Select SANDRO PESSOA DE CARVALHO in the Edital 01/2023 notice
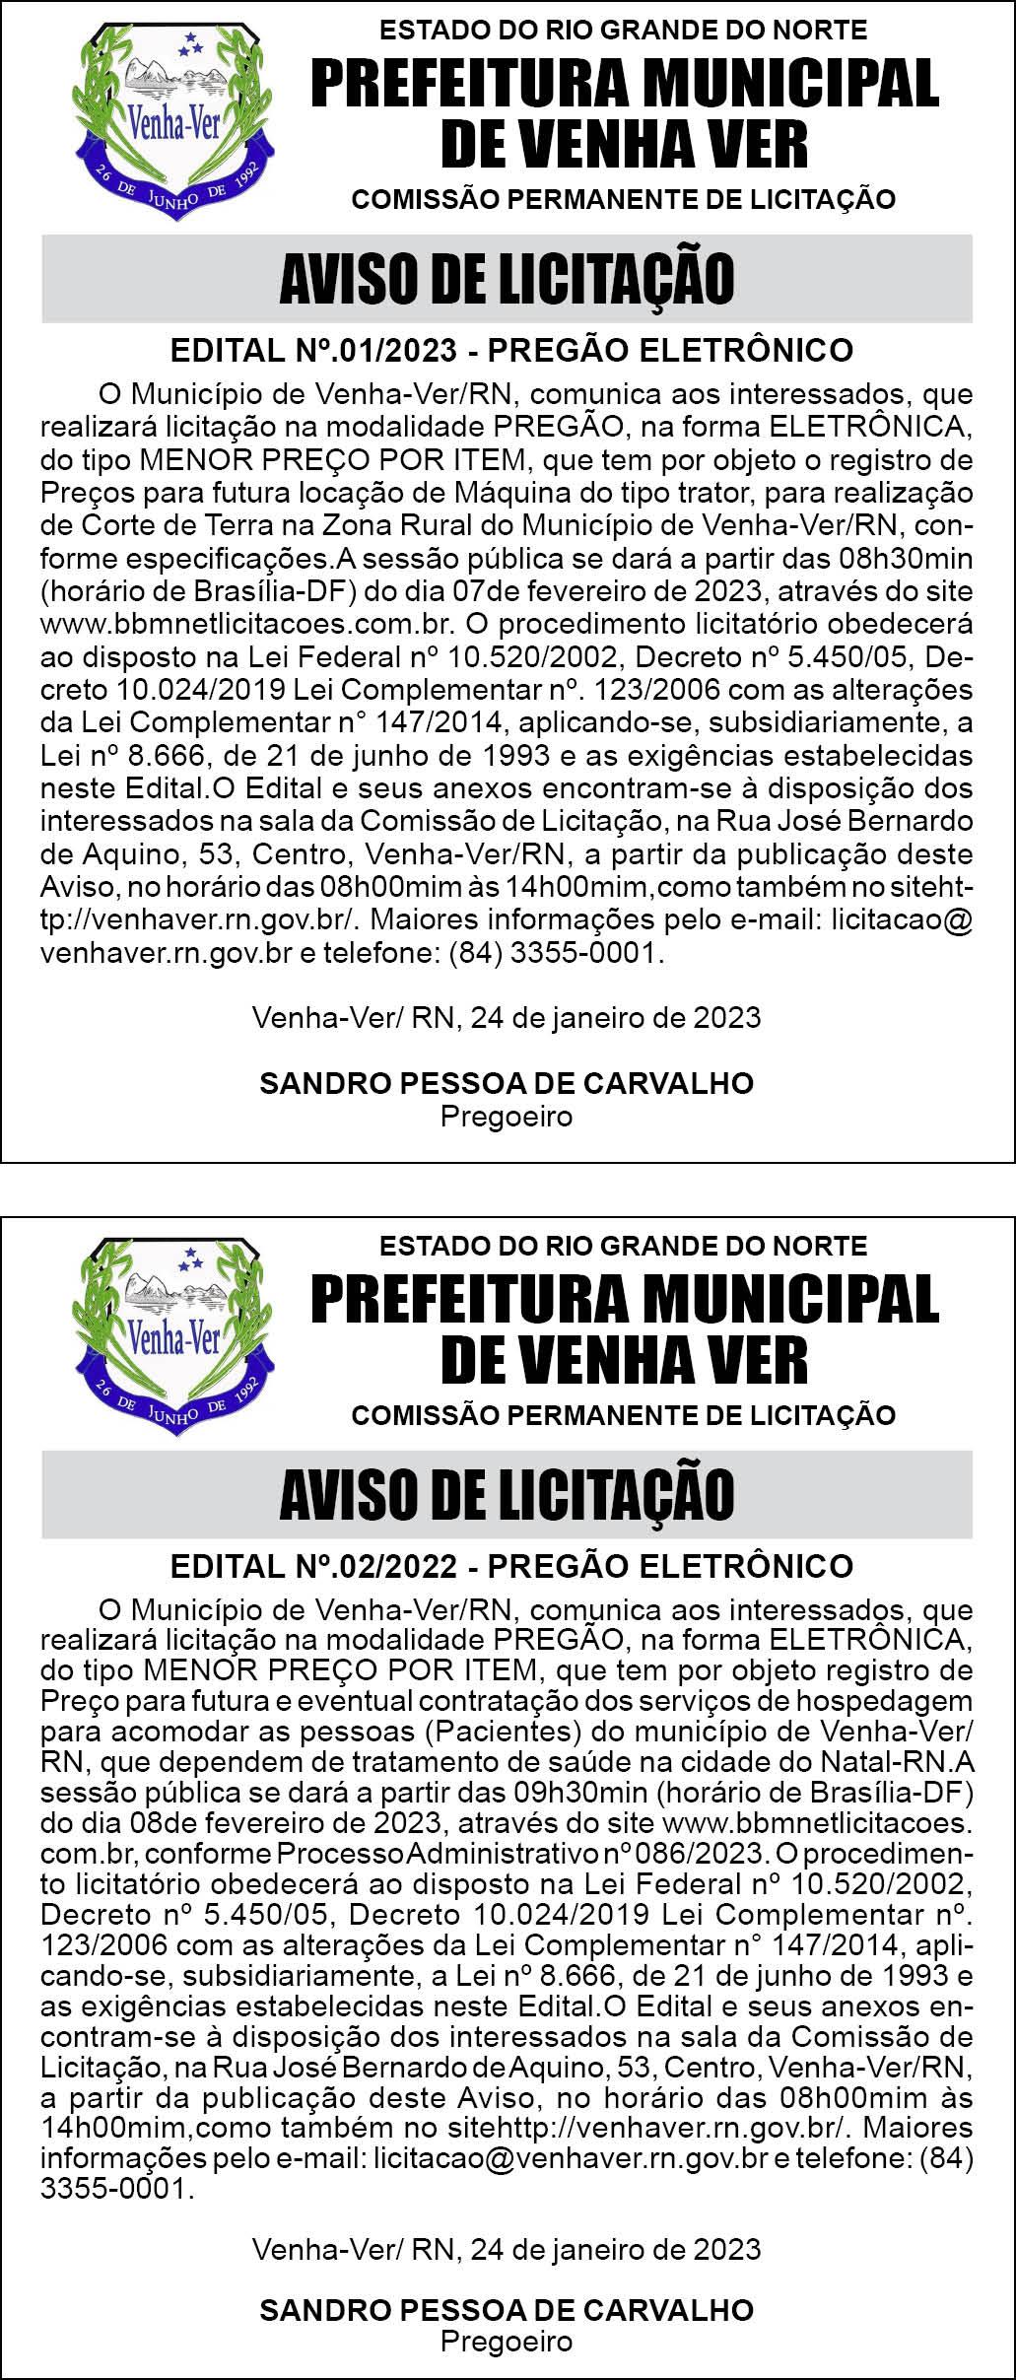(507, 1083)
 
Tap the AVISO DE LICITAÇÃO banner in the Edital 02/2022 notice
(507, 1494)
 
